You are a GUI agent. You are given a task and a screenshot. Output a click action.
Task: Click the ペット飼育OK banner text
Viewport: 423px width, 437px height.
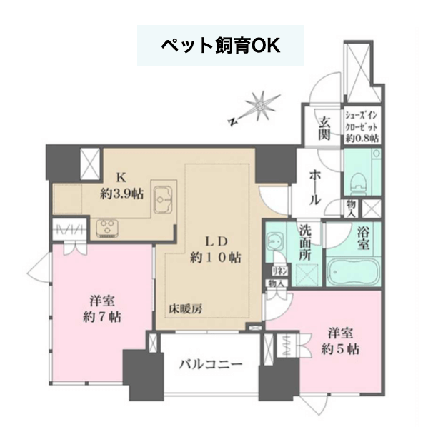pyautogui.click(x=221, y=46)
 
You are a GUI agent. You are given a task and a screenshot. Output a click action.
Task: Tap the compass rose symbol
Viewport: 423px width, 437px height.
pyautogui.click(x=260, y=106)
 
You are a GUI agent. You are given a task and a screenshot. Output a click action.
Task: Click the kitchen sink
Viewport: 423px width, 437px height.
pyautogui.click(x=163, y=199)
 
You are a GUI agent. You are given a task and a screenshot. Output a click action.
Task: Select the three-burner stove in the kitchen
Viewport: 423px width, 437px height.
pyautogui.click(x=107, y=228)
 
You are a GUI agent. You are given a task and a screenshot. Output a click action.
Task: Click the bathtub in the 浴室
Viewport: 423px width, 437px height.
pyautogui.click(x=353, y=271)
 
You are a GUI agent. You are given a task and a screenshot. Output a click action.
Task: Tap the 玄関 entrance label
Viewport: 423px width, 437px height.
pyautogui.click(x=324, y=129)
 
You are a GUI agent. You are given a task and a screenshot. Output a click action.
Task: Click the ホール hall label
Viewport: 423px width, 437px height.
pyautogui.click(x=315, y=187)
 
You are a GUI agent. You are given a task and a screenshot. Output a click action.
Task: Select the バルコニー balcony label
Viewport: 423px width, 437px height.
pyautogui.click(x=211, y=365)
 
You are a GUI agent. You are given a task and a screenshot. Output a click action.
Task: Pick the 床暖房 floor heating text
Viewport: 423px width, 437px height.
pyautogui.click(x=185, y=309)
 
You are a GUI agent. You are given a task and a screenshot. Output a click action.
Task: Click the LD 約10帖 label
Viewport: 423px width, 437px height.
pyautogui.click(x=216, y=250)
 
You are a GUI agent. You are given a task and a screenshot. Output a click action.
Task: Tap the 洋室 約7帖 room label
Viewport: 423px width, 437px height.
pyautogui.click(x=102, y=308)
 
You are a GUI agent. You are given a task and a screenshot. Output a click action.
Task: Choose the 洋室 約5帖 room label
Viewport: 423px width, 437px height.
pyautogui.click(x=340, y=341)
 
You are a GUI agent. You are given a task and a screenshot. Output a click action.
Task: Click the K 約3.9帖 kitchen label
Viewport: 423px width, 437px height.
pyautogui.click(x=122, y=186)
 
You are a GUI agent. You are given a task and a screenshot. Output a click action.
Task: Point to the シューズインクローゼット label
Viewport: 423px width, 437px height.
pyautogui.click(x=362, y=126)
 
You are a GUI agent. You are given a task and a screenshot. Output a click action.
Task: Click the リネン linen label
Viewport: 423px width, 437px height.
pyautogui.click(x=279, y=271)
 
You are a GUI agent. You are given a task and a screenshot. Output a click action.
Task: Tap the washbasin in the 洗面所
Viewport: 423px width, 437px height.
pyautogui.click(x=274, y=240)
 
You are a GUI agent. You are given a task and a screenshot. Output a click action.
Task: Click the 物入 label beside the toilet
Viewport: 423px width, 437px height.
pyautogui.click(x=351, y=209)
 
